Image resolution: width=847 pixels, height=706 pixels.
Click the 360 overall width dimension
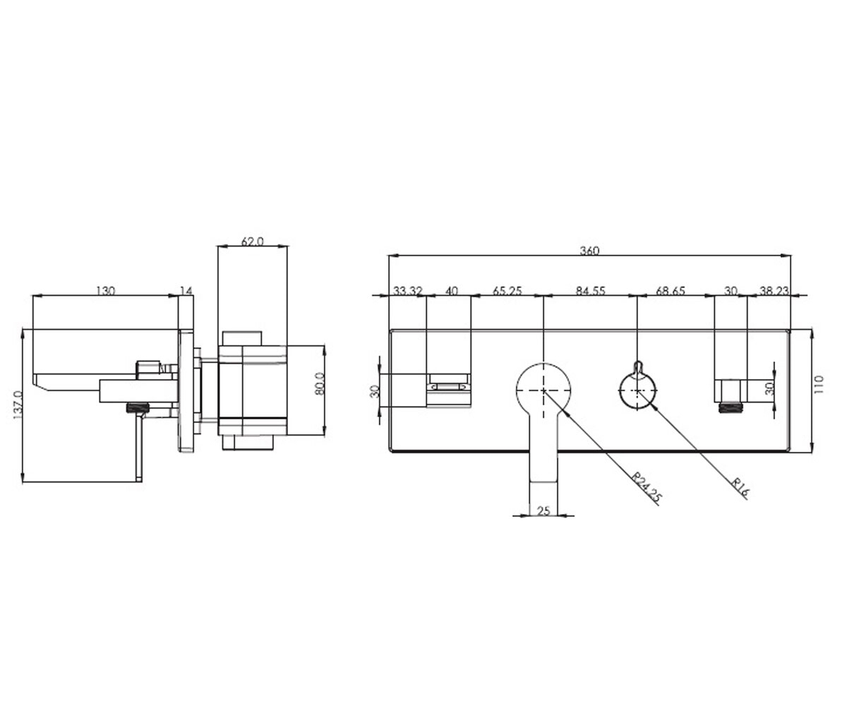coord(589,251)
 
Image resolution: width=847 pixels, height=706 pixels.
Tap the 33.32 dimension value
coord(408,291)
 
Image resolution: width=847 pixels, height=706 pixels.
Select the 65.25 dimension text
coord(507,291)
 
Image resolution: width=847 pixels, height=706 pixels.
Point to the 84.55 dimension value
coord(591,291)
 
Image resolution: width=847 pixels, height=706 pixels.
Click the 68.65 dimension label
coord(671,291)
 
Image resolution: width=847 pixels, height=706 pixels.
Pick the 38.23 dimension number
coord(774,291)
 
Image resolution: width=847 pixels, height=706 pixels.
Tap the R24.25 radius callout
coord(647,487)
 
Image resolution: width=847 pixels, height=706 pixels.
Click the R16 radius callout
coord(740,488)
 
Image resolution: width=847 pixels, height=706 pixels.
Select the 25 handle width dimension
coord(543,511)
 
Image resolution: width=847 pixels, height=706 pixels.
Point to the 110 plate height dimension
coord(819,384)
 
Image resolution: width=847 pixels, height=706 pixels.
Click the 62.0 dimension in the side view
coord(252,242)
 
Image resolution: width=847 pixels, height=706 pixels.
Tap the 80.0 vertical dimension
coord(319,383)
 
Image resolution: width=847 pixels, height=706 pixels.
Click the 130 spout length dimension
coord(105,291)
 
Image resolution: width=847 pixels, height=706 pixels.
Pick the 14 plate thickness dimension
coord(186,291)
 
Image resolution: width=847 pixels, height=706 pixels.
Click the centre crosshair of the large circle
coord(543,390)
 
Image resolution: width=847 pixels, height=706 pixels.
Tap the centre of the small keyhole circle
coord(637,390)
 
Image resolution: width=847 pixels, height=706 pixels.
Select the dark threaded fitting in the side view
coord(138,408)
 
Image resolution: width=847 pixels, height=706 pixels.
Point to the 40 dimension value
coord(452,291)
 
